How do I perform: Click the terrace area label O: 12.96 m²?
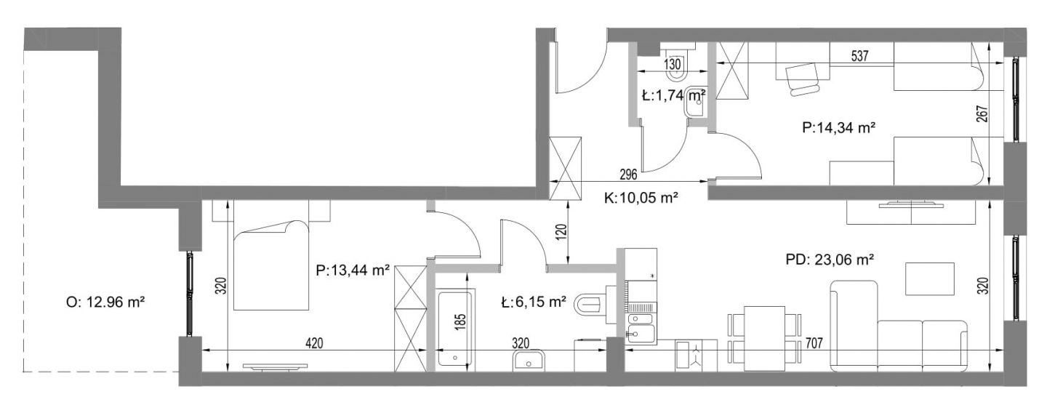click(x=105, y=302)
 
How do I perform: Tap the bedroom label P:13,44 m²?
click(x=353, y=270)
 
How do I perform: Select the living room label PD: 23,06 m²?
click(x=830, y=259)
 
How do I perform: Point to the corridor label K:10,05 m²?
click(x=641, y=199)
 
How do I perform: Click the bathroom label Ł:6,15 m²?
click(x=534, y=302)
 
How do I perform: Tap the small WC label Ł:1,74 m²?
click(x=673, y=96)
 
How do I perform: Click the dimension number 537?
click(x=859, y=56)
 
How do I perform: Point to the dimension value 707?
click(x=814, y=344)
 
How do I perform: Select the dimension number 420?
click(x=314, y=343)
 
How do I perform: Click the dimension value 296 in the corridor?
click(x=628, y=175)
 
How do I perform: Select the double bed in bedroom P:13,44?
click(x=271, y=265)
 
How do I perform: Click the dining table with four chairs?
click(x=764, y=337)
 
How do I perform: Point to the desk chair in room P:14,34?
click(x=803, y=79)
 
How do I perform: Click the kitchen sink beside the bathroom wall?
click(x=641, y=334)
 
